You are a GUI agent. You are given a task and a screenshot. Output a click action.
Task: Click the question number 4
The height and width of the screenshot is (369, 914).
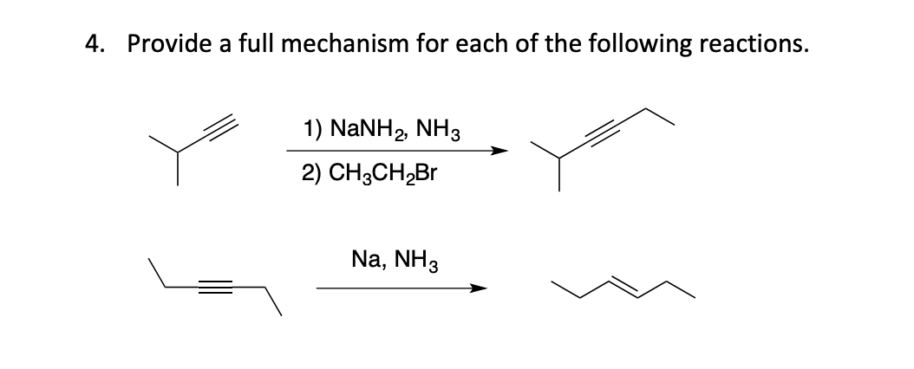tap(93, 46)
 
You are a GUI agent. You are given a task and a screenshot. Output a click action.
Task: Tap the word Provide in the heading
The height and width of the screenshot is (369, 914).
tap(164, 46)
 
